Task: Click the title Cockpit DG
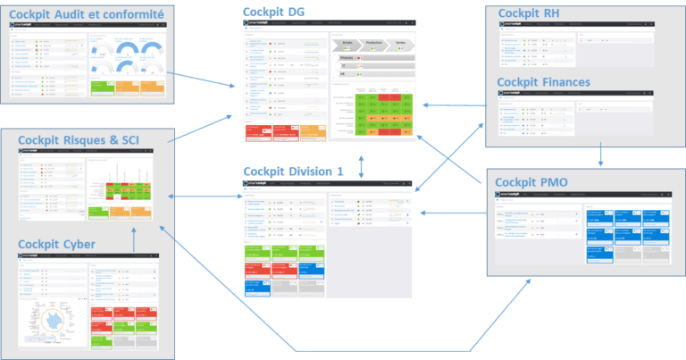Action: click(x=274, y=10)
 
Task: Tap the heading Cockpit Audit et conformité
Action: click(x=86, y=14)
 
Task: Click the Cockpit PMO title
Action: click(x=539, y=183)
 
